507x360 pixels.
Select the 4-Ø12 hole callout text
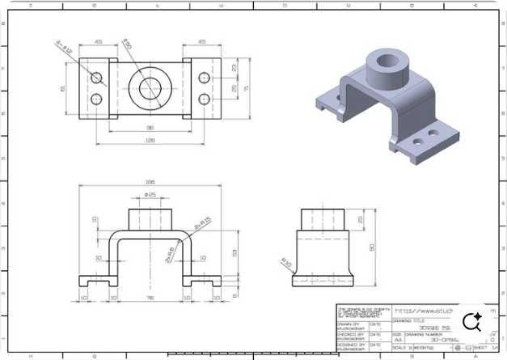tap(65, 46)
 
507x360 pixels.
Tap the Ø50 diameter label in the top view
tap(127, 44)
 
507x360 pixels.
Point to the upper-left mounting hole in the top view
tap(97, 78)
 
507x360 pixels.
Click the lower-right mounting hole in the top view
tap(204, 100)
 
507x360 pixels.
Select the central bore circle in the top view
tap(150, 88)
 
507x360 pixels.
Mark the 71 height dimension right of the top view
tap(246, 88)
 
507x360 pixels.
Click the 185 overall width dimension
tap(150, 182)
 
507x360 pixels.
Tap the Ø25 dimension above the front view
tap(150, 195)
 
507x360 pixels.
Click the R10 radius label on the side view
tap(286, 261)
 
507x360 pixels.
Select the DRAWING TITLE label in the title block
tap(408, 320)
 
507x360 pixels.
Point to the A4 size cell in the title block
tap(397, 340)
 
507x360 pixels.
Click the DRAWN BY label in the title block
tap(349, 321)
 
